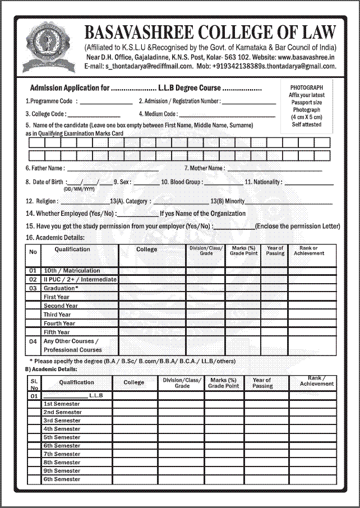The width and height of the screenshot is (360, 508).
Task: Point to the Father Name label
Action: pos(45,168)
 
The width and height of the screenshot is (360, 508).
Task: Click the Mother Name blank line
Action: pos(275,168)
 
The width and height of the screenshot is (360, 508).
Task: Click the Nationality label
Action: pos(264,182)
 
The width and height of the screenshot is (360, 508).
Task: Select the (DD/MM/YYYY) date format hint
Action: pos(79,190)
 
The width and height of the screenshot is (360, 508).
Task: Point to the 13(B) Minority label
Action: pos(228,201)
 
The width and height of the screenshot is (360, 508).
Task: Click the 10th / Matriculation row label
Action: pos(72,271)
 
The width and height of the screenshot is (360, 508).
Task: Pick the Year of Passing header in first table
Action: pos(275,251)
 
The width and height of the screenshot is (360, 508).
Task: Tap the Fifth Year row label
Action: pos(57,332)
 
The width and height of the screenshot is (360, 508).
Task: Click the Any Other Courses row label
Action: pos(71,341)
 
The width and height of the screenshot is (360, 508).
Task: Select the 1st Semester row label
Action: pos(62,404)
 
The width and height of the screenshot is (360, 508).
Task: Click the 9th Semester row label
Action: pos(62,471)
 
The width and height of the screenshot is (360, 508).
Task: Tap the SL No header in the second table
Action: pos(34,384)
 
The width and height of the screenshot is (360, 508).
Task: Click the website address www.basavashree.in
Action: pos(307,57)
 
